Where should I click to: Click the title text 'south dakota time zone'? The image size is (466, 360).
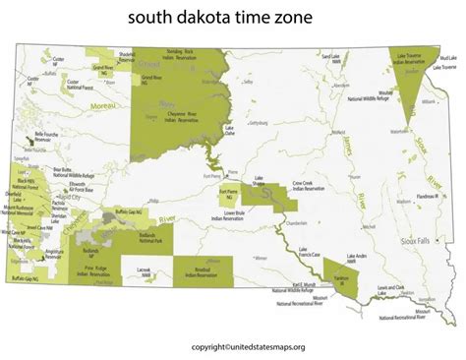[232, 19]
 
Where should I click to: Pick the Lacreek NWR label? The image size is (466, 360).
[145, 269]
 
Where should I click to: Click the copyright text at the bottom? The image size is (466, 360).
[233, 345]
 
